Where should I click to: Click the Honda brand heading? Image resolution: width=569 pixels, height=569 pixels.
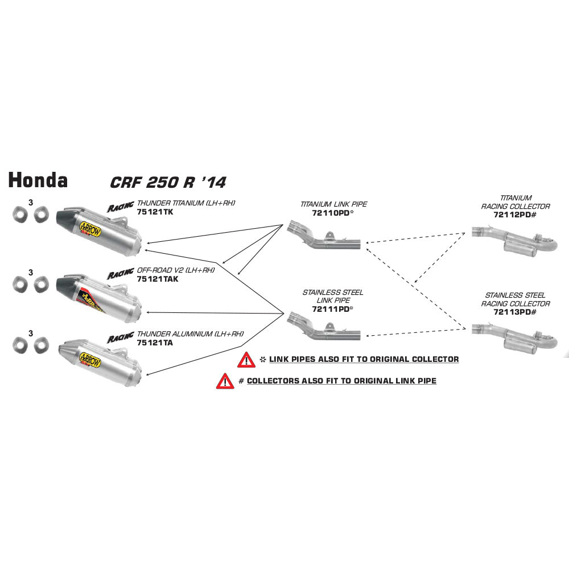[38, 180]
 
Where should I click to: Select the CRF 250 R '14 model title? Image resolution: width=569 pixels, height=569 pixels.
[168, 182]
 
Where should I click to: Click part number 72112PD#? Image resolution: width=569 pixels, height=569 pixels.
[516, 215]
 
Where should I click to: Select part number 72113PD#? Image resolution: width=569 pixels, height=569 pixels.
[516, 312]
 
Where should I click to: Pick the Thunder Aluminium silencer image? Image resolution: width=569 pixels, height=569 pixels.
[100, 358]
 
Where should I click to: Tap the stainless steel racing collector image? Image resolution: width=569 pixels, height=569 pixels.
[515, 336]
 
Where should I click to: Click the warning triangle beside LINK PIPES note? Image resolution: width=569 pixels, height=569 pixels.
[246, 360]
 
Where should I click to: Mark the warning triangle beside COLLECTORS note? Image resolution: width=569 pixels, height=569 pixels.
[225, 381]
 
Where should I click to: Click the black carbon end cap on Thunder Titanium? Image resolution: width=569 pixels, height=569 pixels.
[64, 217]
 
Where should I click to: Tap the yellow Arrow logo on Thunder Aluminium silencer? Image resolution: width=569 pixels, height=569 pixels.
[89, 358]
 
